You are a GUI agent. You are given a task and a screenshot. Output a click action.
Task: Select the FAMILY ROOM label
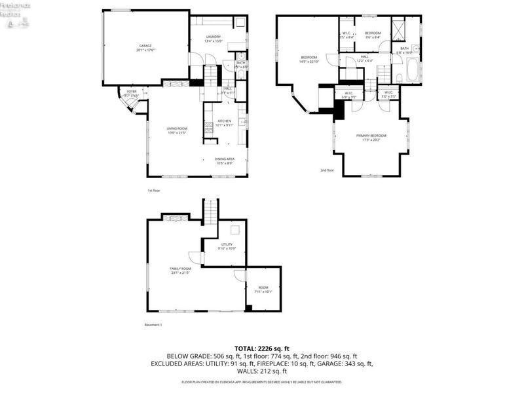(180, 271)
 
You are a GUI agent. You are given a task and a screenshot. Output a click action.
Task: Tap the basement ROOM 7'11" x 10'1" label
(263, 290)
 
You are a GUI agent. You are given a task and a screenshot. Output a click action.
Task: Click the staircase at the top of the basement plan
(210, 212)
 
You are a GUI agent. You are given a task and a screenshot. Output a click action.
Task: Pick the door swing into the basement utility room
(195, 257)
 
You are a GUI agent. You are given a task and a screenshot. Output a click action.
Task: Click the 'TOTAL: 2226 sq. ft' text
(262, 348)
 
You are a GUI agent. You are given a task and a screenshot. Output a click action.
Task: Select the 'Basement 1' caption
(153, 324)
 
